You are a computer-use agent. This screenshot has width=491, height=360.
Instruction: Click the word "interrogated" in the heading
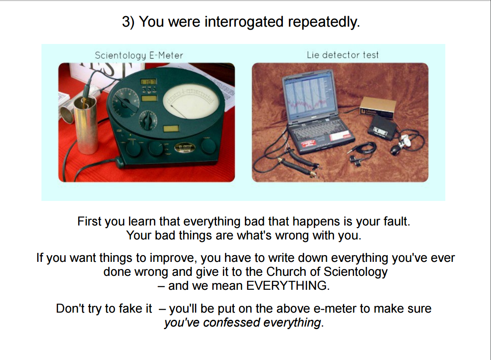click(244, 22)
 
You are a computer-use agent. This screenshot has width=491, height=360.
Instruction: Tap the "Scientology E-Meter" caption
click(139, 55)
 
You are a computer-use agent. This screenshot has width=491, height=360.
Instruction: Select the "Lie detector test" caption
click(343, 55)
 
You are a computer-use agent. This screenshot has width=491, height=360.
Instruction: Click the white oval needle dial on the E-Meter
click(191, 102)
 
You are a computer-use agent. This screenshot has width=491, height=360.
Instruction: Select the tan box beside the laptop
click(377, 107)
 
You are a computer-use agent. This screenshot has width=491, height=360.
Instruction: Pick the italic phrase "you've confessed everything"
click(243, 322)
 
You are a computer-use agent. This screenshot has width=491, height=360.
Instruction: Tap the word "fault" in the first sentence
click(397, 221)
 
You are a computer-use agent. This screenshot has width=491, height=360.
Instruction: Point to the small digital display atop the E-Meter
click(148, 82)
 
